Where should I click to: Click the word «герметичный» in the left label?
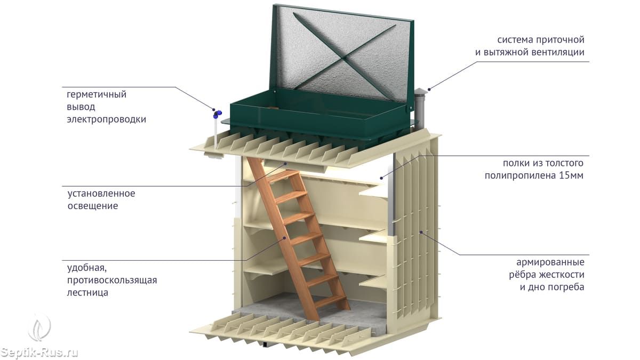coord(97,95)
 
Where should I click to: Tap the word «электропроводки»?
coord(106,119)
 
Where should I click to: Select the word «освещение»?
coord(92,206)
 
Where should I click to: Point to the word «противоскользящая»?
coord(112,280)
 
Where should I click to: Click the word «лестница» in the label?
coord(88,292)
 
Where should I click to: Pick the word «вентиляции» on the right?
coord(558,52)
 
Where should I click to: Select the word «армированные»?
coord(550,262)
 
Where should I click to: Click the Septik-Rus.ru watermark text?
coord(39,353)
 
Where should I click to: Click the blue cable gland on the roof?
coord(217,113)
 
